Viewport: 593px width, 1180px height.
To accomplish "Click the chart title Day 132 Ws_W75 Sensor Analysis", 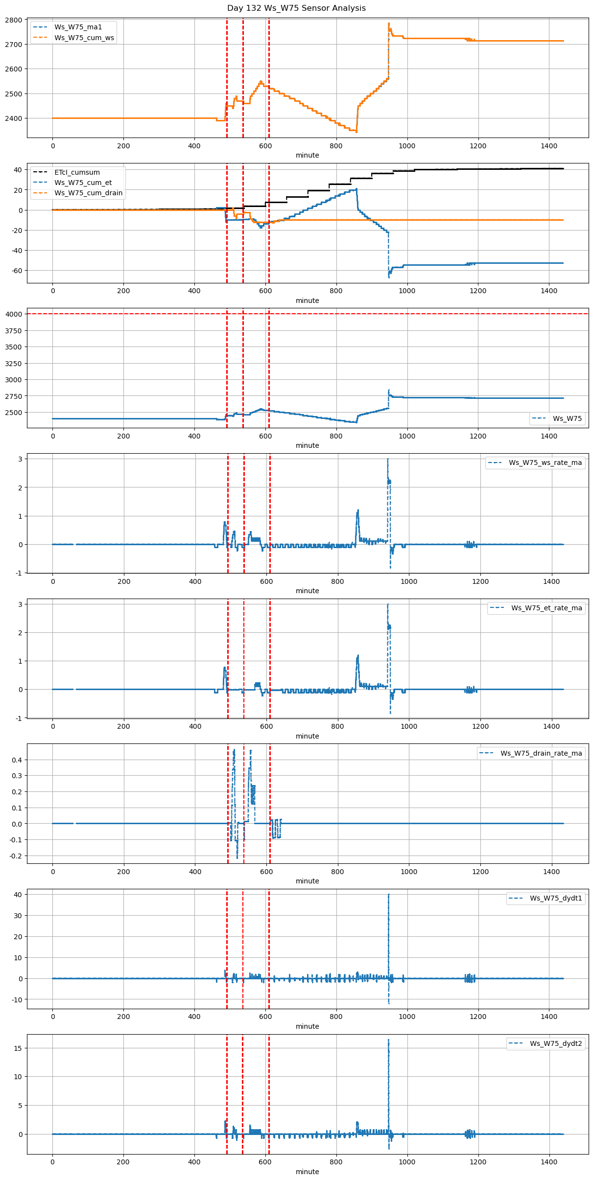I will point(296,8).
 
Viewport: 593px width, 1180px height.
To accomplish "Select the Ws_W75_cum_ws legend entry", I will point(84,38).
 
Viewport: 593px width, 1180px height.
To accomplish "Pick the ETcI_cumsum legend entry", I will point(77,172).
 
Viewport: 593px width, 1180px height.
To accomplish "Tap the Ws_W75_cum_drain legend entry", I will point(88,193).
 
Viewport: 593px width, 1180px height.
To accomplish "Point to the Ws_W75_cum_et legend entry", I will point(83,183).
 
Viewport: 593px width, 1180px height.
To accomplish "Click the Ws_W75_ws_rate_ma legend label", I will point(545,463).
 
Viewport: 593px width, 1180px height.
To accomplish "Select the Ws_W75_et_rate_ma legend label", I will point(546,608).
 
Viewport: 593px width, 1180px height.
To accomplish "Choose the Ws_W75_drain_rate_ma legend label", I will point(541,753).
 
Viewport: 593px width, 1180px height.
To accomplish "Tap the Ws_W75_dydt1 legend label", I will point(556,898).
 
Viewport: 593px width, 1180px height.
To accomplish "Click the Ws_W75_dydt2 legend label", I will point(556,1043).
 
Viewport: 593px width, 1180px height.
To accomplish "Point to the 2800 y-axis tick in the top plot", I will point(15,20).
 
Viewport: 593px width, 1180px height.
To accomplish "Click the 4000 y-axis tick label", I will point(15,314).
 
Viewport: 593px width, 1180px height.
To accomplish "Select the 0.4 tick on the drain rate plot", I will point(18,760).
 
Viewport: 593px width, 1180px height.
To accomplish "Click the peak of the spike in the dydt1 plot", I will point(389,894).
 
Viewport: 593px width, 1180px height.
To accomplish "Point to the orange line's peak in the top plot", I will point(389,23).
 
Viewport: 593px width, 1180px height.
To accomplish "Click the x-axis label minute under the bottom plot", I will point(307,1172).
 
